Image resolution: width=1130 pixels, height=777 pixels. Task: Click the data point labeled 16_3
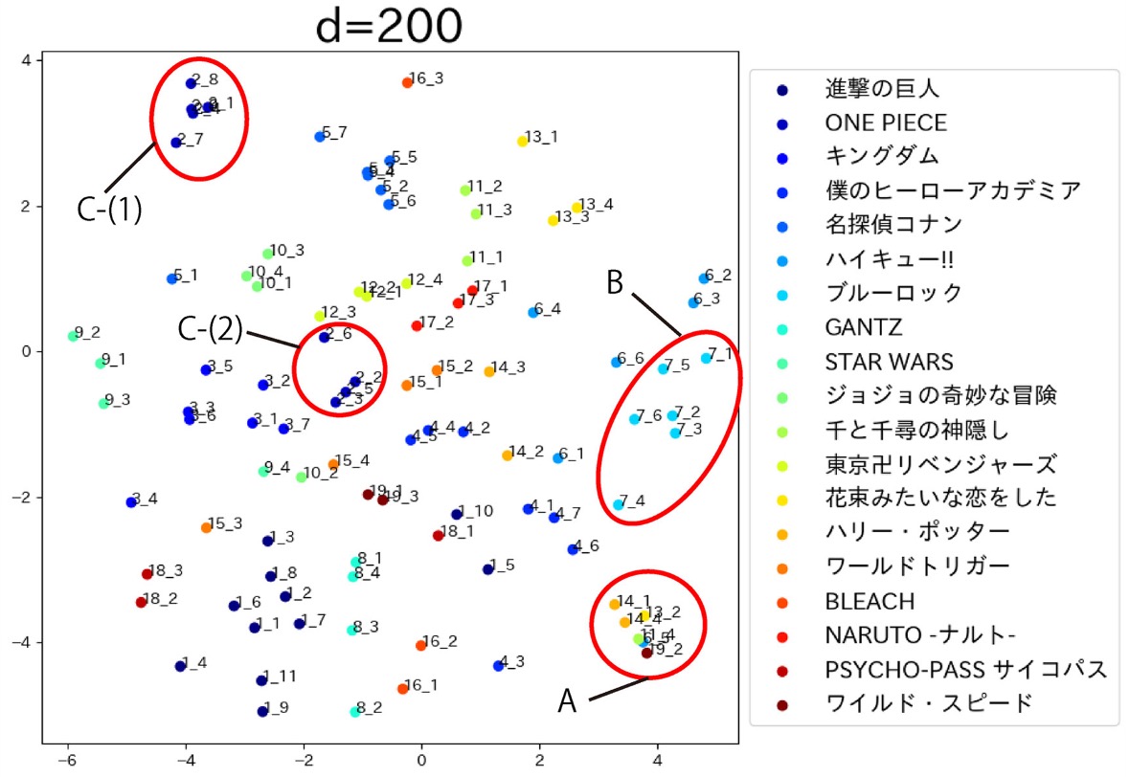point(407,82)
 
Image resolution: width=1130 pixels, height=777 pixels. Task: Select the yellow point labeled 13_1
point(522,141)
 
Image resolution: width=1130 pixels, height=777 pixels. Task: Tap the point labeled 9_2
point(73,336)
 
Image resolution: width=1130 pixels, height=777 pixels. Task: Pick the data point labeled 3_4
point(131,502)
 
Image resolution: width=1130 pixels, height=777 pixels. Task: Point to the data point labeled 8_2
point(355,711)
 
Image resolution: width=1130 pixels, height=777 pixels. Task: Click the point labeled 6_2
point(704,278)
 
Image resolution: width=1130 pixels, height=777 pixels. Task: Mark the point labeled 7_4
point(619,504)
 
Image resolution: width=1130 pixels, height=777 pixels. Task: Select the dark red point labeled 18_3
point(147,574)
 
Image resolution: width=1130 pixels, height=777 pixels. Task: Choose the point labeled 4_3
point(498,665)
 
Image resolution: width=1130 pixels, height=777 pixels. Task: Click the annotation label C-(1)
point(110,210)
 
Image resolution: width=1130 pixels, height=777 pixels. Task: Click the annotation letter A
point(568,701)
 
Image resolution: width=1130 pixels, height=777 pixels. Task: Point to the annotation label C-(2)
point(210,329)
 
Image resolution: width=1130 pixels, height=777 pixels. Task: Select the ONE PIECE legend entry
point(886,122)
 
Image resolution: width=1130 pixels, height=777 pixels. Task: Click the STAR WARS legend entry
point(889,362)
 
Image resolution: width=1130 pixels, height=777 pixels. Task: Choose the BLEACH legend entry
point(870,601)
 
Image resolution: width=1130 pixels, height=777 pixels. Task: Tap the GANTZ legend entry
point(863,327)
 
